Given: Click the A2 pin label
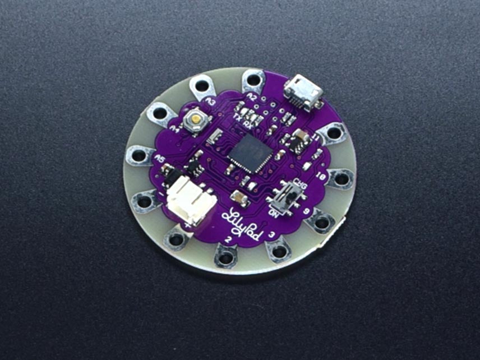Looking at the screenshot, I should [252, 99].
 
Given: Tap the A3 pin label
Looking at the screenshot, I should [211, 101].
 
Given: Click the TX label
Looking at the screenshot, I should [238, 117].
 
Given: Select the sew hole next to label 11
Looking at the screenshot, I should [334, 133].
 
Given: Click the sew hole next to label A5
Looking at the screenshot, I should [136, 155].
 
